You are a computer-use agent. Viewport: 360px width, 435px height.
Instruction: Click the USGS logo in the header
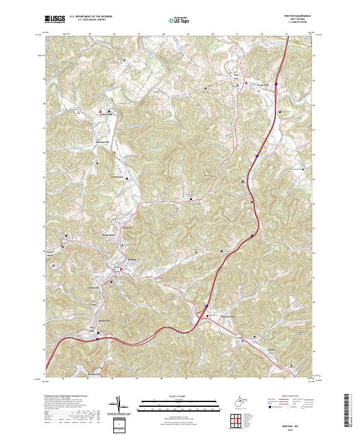(x=55, y=19)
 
